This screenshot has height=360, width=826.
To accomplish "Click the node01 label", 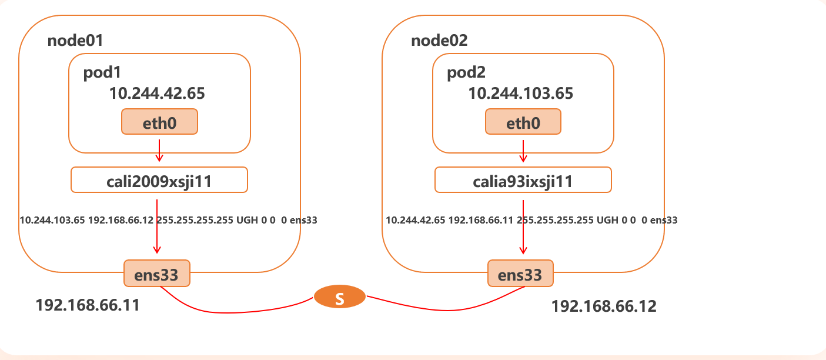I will (x=75, y=41).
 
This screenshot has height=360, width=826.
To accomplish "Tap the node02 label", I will (x=439, y=41).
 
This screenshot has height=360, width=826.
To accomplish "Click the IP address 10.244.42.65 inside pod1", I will (x=157, y=93).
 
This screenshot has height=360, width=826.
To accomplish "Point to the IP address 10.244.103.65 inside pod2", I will (x=520, y=93).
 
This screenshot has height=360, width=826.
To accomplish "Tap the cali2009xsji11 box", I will (x=159, y=180).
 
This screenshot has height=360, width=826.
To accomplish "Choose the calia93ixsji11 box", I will (x=523, y=180).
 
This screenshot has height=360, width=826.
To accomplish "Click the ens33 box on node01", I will (x=157, y=274).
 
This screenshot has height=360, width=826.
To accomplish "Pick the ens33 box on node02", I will (x=520, y=274).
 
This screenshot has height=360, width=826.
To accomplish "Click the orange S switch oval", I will (x=339, y=298).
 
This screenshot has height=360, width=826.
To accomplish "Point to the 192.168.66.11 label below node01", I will (x=88, y=305).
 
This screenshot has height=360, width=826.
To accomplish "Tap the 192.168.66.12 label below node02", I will (x=604, y=306).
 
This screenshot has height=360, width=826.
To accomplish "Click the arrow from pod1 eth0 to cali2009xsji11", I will (x=159, y=149).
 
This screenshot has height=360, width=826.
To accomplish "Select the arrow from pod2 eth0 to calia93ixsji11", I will (x=523, y=149).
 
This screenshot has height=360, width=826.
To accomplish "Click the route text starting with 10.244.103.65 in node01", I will (x=169, y=221).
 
